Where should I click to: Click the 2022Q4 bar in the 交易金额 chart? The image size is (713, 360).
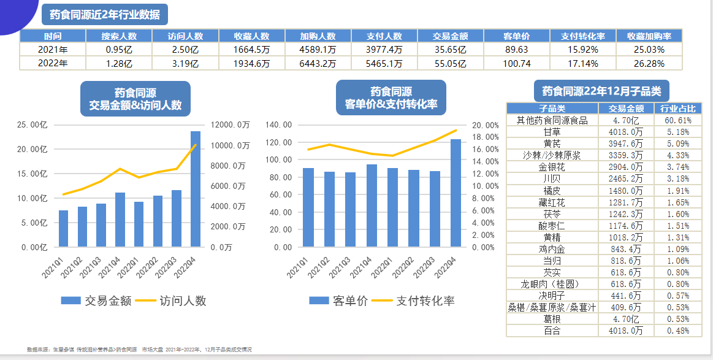[196, 189]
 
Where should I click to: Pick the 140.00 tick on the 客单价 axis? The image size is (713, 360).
[278, 125]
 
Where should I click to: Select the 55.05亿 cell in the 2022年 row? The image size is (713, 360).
[451, 63]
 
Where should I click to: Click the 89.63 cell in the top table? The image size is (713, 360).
[516, 50]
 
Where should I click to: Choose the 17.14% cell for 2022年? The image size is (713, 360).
[583, 63]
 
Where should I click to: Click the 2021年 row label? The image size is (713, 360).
[53, 50]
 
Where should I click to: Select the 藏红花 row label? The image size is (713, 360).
[552, 203]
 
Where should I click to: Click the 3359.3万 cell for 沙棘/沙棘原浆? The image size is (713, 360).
[625, 155]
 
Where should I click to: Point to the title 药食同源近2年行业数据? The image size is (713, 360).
[104, 15]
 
